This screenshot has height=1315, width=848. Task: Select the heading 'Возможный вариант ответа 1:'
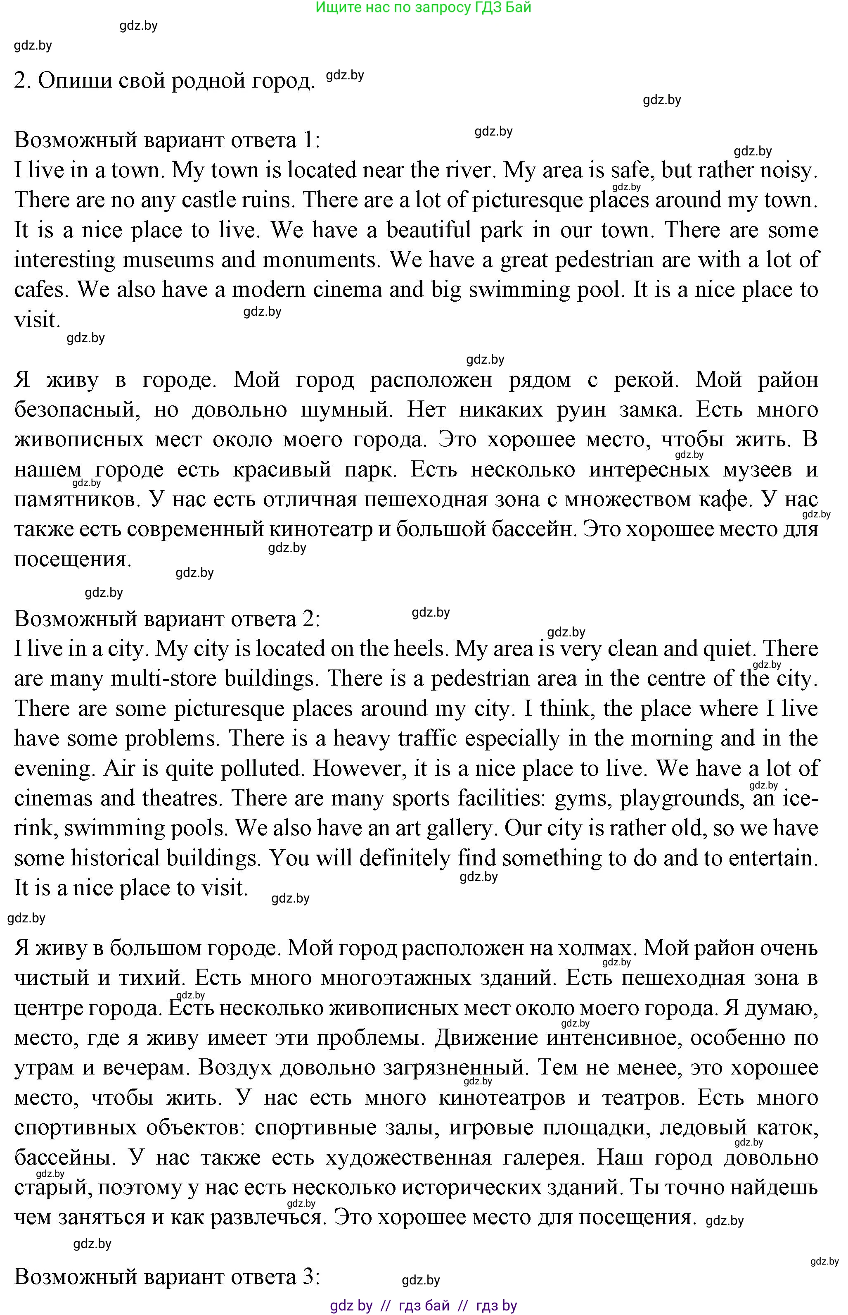pos(167,140)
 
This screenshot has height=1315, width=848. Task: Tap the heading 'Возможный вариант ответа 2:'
pos(167,619)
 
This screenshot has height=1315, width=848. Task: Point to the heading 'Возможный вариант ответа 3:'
pos(167,1277)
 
